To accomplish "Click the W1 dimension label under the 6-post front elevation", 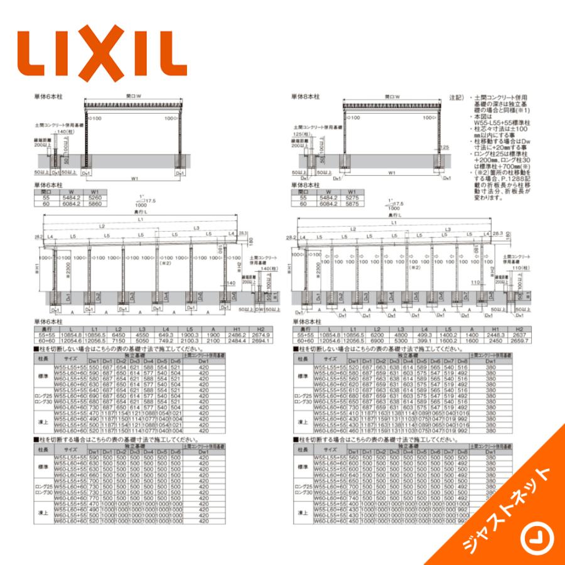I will tap(135, 178).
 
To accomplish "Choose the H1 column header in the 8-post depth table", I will tap(495, 329).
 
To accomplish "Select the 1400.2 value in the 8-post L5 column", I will tap(447, 335).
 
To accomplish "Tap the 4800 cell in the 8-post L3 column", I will tap(400, 335).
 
